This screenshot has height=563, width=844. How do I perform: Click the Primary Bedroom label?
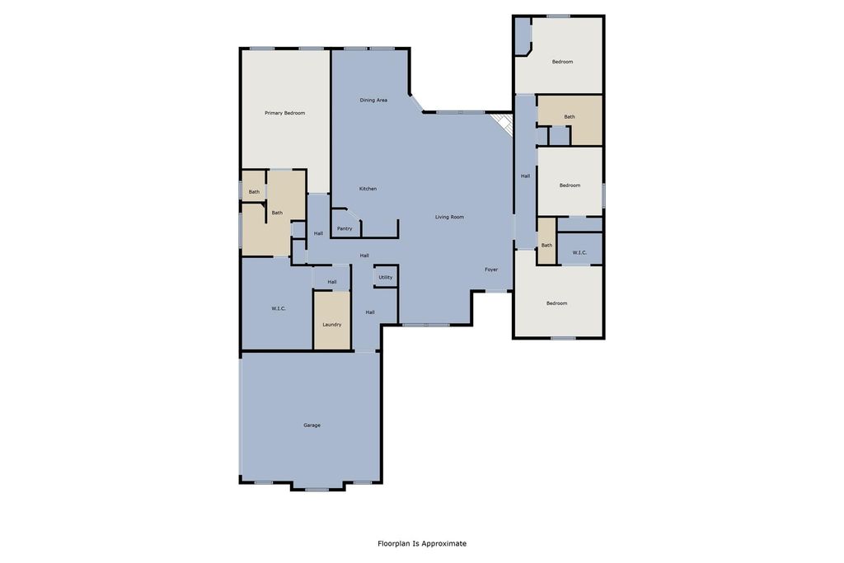tap(284, 113)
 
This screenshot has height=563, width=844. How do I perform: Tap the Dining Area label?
tap(373, 100)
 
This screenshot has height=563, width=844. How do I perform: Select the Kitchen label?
tap(368, 189)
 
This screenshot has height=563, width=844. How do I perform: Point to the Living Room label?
tap(449, 217)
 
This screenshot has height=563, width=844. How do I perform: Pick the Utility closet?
tap(386, 277)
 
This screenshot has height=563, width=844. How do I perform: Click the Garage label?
tap(312, 425)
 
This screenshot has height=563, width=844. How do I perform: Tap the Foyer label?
tap(491, 270)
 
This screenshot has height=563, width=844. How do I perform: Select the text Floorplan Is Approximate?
tap(422, 543)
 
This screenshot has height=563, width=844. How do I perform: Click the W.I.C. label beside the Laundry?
tap(279, 308)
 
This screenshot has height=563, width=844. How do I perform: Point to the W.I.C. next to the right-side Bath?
tap(579, 252)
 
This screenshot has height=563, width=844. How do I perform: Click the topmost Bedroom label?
tap(562, 62)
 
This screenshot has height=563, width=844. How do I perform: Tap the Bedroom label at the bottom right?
tap(557, 303)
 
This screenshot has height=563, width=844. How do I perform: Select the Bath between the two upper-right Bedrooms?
tap(570, 117)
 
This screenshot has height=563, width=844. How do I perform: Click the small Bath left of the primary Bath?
tap(254, 191)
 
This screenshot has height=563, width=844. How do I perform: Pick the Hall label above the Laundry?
tap(332, 282)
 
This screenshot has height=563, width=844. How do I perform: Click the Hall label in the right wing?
tap(525, 176)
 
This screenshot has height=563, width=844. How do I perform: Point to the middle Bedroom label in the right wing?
tap(570, 185)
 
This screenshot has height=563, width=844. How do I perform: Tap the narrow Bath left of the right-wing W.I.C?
tap(547, 246)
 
